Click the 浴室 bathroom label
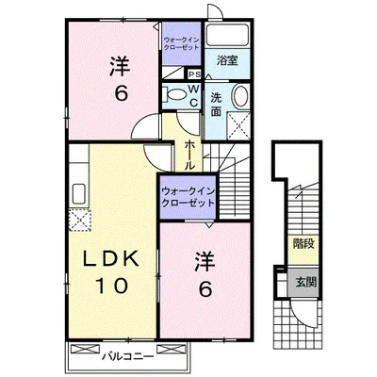227,60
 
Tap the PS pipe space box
195,74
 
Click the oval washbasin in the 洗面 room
241,96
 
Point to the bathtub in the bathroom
227,35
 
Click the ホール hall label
188,156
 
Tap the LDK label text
111,259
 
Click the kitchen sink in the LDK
79,194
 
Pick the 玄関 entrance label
305,283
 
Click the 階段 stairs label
303,244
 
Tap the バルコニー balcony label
128,356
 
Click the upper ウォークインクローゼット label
182,44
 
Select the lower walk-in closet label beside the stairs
188,197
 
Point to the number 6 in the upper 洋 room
122,93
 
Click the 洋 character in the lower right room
205,261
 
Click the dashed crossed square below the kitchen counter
80,220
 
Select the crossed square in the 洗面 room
238,125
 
